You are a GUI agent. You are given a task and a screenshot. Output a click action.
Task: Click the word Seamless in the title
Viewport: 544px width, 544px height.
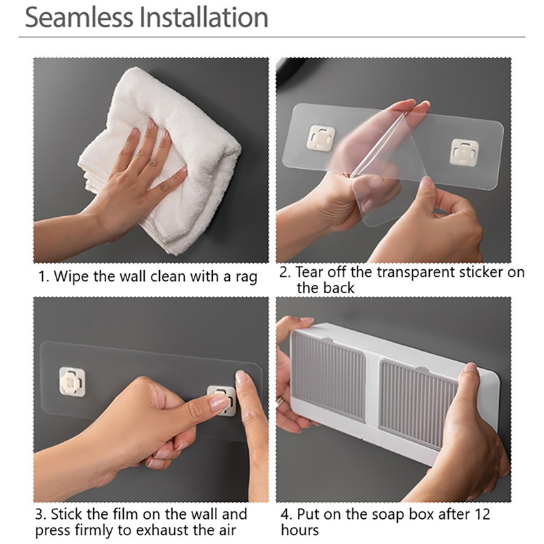[79, 18]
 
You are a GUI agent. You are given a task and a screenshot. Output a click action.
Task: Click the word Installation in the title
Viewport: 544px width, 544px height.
[204, 18]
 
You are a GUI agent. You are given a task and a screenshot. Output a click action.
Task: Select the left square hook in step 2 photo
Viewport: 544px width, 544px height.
[322, 139]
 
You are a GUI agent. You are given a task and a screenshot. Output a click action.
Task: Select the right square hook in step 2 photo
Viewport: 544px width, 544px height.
[465, 152]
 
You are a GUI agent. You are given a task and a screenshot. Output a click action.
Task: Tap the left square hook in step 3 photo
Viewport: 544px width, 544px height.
[72, 381]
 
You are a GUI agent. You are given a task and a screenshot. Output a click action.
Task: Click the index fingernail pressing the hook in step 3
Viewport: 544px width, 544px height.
[218, 403]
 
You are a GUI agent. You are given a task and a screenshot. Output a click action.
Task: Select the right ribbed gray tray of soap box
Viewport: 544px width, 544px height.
[418, 405]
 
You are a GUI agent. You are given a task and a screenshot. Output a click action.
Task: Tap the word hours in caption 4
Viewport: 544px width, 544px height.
[300, 530]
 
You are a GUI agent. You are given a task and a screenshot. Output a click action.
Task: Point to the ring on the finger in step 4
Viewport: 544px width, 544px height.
[279, 401]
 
